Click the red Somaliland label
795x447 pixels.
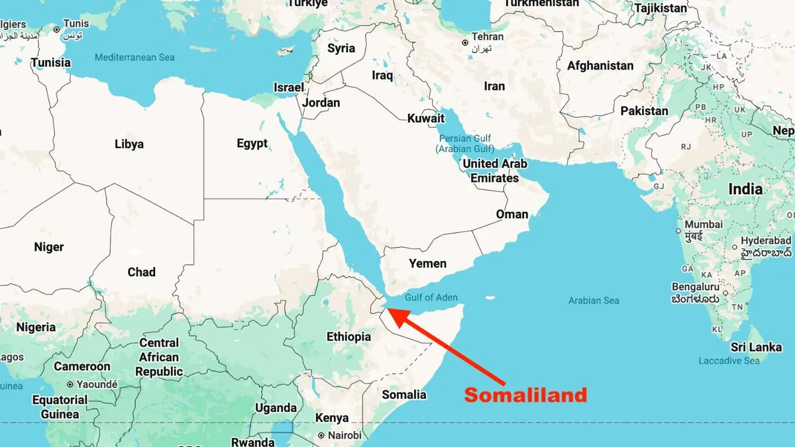coord(525,395)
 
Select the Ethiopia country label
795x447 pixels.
coord(348,336)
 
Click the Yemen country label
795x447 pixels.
coord(427,263)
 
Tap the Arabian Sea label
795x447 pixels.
coord(594,301)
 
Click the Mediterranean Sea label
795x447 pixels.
coord(134,58)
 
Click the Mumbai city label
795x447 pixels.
coord(704,224)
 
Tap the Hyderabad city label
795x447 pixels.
coord(765,240)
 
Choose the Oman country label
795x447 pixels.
coord(512,214)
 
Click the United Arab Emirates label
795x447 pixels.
coord(495,171)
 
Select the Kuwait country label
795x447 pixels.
coord(426,119)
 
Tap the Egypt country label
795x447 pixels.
coord(252,143)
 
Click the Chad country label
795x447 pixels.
coord(142,272)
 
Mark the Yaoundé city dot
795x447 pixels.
coord(70,384)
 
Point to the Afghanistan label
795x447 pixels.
coord(600,66)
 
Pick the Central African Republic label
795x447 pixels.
coord(159,357)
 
